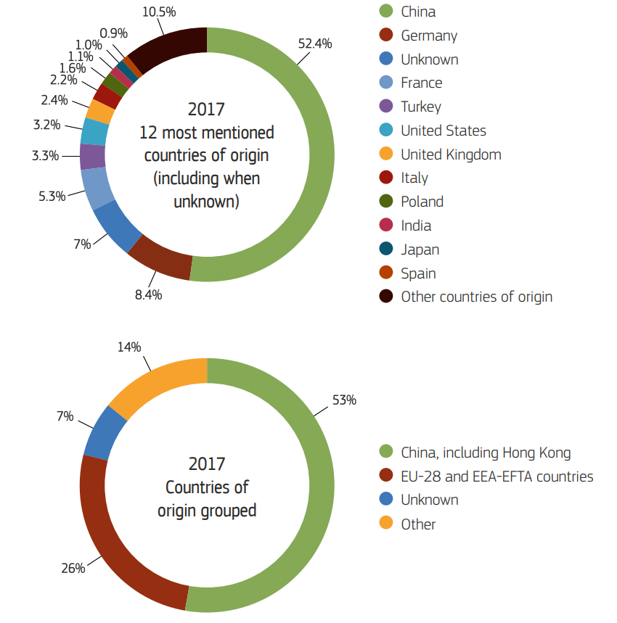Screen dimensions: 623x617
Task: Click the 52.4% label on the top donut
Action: click(x=314, y=44)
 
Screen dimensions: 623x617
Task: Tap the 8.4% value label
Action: click(x=148, y=295)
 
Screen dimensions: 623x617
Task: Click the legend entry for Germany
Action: click(x=428, y=36)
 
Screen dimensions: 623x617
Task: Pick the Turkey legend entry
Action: click(x=420, y=107)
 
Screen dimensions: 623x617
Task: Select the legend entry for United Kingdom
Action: click(x=450, y=154)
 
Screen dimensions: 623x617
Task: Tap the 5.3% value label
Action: click(x=52, y=196)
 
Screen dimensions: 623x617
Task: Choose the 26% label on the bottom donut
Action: click(x=73, y=568)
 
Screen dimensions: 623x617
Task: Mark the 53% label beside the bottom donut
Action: click(x=343, y=400)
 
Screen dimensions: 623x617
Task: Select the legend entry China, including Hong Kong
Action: click(x=485, y=453)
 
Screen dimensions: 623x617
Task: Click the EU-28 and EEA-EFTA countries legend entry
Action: click(x=497, y=476)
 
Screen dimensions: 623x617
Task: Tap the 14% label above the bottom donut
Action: click(x=129, y=347)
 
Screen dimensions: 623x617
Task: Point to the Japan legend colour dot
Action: click(x=387, y=249)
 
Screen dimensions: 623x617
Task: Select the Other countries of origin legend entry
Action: click(x=476, y=297)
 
